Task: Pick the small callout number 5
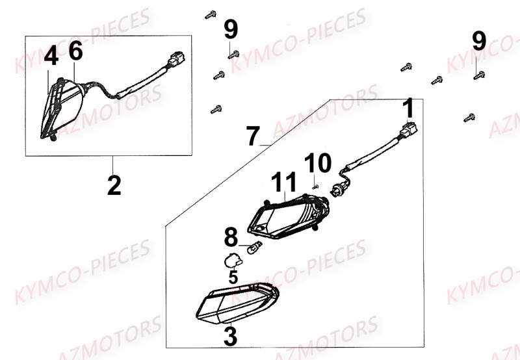tap(233, 276)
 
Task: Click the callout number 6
tap(76, 51)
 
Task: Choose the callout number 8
tap(231, 238)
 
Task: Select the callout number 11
tap(289, 183)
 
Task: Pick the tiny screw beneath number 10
tap(315, 186)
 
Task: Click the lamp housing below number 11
tap(289, 216)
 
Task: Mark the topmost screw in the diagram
tap(211, 13)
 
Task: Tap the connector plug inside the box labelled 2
tap(175, 60)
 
